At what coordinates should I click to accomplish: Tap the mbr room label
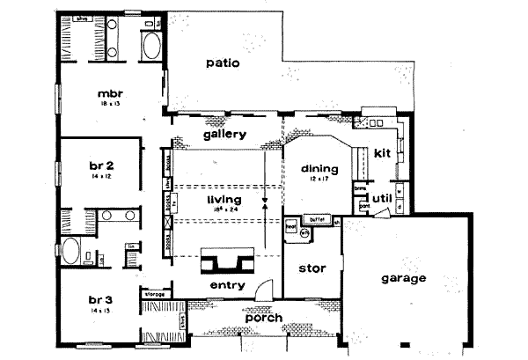pos(109,92)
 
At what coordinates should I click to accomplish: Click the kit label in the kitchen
pos(382,153)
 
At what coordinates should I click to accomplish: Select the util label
pos(382,198)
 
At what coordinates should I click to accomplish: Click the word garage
pos(403,278)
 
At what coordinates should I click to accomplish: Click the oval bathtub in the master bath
pos(150,47)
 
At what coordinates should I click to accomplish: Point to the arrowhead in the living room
pos(265,201)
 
